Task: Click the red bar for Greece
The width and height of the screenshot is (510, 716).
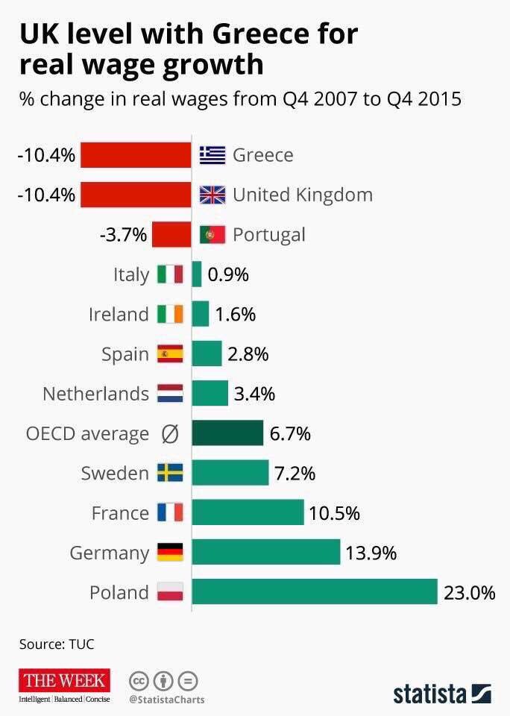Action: [136, 155]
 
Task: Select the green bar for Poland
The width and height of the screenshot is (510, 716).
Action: [314, 592]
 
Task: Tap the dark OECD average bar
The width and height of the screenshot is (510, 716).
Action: [227, 433]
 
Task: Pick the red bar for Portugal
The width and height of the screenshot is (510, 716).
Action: [171, 234]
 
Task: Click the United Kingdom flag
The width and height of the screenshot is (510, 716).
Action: [212, 195]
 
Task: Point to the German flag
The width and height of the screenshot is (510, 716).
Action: [170, 553]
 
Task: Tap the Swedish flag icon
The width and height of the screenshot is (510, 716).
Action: [170, 473]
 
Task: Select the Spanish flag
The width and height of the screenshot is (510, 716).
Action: [170, 354]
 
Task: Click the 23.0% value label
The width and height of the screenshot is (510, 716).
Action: [469, 593]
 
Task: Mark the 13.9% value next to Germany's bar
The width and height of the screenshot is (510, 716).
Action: [371, 553]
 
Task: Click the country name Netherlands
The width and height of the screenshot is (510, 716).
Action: [96, 394]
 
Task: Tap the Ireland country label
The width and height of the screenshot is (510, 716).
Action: [119, 314]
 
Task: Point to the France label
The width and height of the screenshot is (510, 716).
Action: [120, 513]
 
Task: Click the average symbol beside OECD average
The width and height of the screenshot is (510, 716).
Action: [170, 434]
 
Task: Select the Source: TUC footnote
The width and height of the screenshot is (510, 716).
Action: [57, 643]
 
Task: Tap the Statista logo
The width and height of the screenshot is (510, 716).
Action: [441, 692]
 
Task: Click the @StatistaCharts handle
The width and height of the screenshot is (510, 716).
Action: [166, 700]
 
